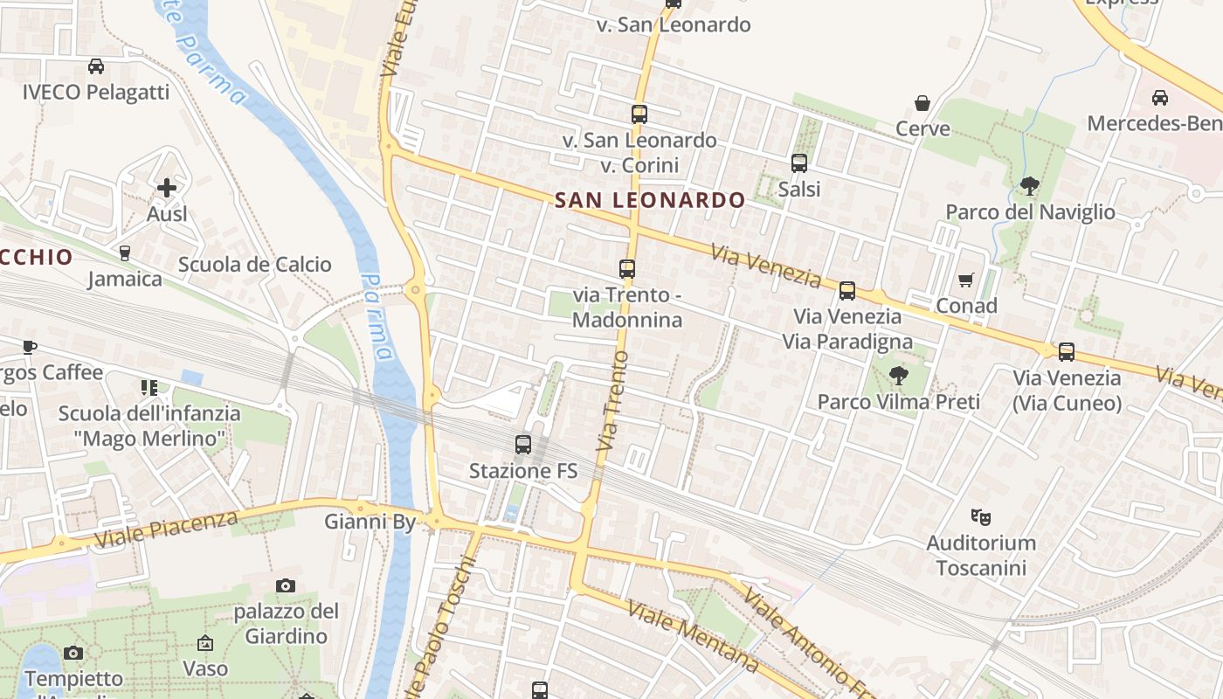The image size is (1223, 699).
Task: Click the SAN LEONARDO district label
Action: click(x=650, y=200)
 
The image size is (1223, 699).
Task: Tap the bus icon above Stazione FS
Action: click(x=523, y=445)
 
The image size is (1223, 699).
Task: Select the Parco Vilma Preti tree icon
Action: click(x=898, y=376)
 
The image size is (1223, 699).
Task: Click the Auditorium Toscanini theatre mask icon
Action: click(x=981, y=517)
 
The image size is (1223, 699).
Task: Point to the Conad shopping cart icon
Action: click(x=966, y=280)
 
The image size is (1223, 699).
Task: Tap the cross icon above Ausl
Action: click(x=167, y=187)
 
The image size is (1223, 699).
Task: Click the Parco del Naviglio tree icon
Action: click(x=1030, y=185)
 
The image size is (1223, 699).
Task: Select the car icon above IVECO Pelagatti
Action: click(x=96, y=66)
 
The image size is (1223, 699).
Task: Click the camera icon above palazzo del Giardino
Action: click(x=286, y=585)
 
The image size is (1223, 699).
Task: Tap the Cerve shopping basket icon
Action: click(x=922, y=103)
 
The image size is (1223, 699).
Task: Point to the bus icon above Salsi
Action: click(x=798, y=163)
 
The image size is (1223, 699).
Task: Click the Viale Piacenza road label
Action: click(x=166, y=530)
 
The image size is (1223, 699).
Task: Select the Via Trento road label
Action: click(x=613, y=402)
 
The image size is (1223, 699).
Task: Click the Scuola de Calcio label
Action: click(x=255, y=265)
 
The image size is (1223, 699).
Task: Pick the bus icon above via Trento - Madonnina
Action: click(x=627, y=269)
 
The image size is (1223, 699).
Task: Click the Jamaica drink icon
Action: click(x=124, y=253)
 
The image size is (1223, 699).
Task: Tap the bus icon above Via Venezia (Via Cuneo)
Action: click(x=1067, y=352)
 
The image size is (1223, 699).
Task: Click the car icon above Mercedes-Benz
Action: click(x=1160, y=98)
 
